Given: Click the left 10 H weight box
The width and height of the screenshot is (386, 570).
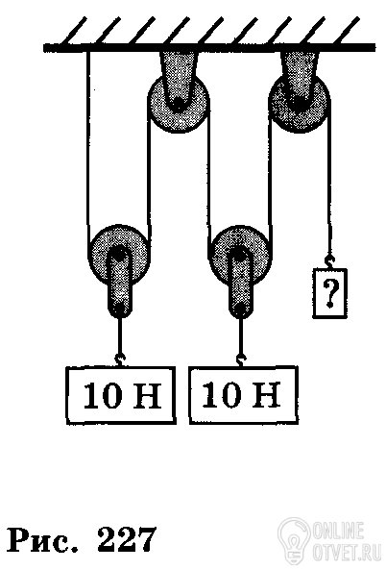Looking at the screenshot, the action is pos(121,395).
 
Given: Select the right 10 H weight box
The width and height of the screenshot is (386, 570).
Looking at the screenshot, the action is pos(244,395).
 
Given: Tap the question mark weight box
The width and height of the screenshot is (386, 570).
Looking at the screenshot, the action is pos(329,293).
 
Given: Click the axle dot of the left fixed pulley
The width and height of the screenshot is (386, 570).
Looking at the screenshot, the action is pos(178,104).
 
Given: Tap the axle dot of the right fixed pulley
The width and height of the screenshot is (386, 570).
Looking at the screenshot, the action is pos(299,103).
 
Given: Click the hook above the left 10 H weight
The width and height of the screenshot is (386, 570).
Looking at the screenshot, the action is pos(120,359).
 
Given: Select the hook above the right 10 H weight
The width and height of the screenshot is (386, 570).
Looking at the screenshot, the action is pos(240,359).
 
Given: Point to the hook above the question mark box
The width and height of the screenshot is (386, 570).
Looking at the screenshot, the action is pos(329,261).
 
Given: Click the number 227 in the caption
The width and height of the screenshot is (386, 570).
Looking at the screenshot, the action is pos(127,541).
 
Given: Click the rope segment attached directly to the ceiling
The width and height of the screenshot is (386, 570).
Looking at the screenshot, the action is pos(87,145).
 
